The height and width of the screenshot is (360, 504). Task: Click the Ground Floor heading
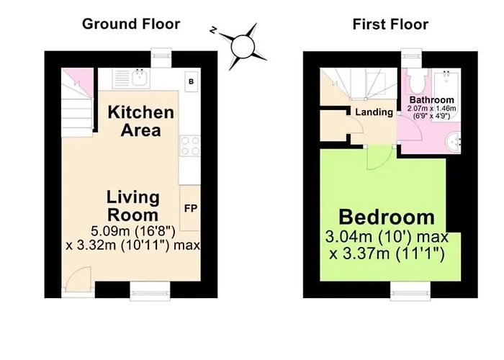[131, 24]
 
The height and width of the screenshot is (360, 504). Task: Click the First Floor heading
[390, 24]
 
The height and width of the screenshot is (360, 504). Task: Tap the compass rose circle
[243, 47]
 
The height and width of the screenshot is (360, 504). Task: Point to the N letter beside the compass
[213, 30]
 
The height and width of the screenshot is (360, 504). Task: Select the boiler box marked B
[192, 81]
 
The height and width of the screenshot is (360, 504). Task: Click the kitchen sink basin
[140, 78]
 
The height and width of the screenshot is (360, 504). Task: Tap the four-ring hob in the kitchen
[190, 146]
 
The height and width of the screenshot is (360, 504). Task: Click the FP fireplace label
[191, 208]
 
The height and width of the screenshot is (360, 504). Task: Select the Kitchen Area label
[141, 121]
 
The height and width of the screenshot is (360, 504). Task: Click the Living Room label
[132, 206]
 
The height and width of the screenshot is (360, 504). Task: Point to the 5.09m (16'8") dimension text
[133, 231]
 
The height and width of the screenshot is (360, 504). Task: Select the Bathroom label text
[432, 99]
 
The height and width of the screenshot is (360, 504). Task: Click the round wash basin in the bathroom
[453, 142]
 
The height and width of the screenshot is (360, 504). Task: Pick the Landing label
[374, 112]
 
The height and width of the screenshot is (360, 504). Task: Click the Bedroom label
[387, 217]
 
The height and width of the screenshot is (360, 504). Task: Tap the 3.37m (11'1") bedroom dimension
[387, 254]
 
